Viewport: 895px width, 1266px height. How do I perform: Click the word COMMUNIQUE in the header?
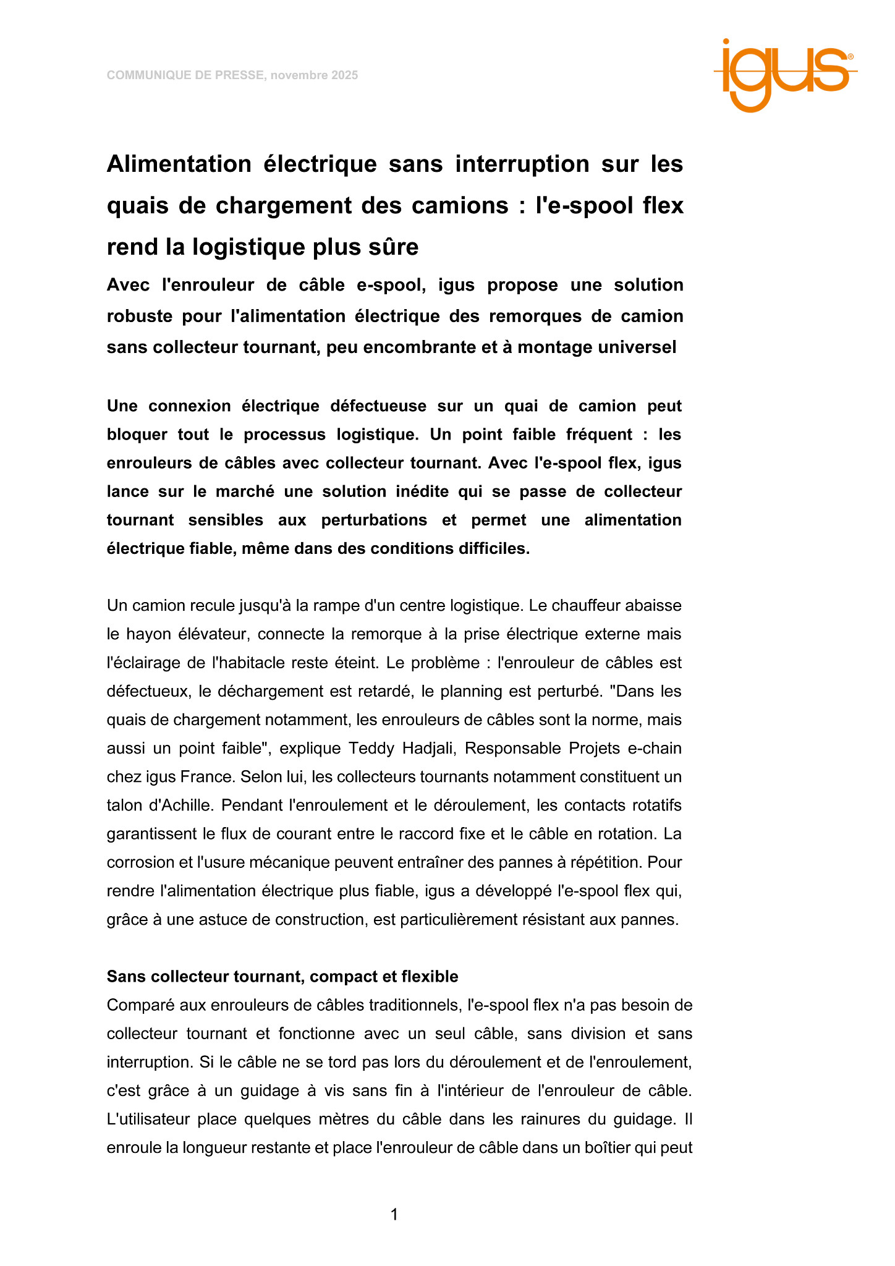pyautogui.click(x=141, y=75)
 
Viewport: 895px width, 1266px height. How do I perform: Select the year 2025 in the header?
pyautogui.click(x=344, y=75)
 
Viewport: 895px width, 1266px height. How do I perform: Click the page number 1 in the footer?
pyautogui.click(x=394, y=1215)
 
